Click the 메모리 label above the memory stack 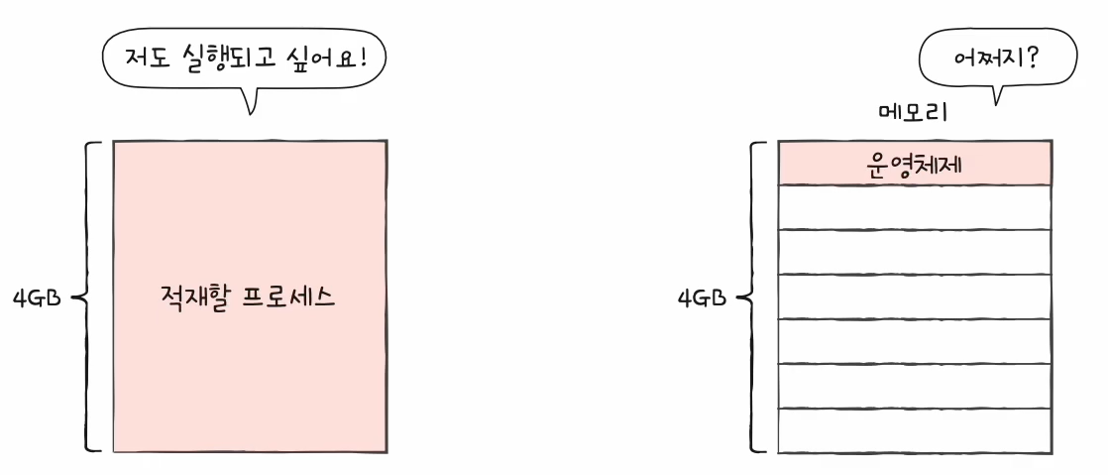(x=913, y=111)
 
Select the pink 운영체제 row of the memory (x=914, y=164)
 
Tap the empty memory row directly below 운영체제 (x=914, y=207)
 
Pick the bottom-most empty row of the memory (x=914, y=430)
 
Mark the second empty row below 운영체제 (x=914, y=252)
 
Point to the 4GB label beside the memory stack (x=702, y=297)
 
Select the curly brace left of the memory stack (x=755, y=297)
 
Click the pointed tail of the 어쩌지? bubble (x=997, y=96)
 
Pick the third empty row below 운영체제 (x=914, y=297)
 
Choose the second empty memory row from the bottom (x=914, y=386)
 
